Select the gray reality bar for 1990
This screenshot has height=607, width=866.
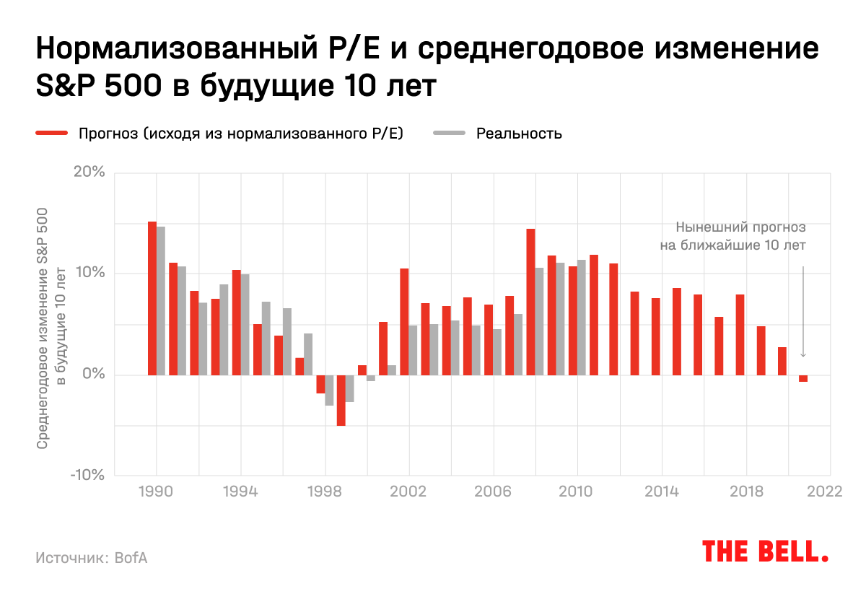coord(161,301)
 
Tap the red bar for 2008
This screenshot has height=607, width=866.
coord(530,302)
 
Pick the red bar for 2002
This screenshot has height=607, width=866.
coord(404,321)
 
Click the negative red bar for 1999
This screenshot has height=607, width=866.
coord(341,400)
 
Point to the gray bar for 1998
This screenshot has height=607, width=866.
coord(329,390)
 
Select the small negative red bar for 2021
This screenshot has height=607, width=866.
coord(803,378)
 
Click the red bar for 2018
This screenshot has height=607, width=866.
coord(740,334)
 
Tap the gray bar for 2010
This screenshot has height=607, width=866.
coord(581,317)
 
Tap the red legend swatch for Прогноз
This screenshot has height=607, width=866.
coord(51,134)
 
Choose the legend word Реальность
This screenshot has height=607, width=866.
coord(519,134)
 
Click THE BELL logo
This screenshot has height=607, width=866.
coord(765,552)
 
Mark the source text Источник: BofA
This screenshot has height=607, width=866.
coord(91,558)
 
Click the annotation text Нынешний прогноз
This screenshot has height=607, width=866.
coord(741,227)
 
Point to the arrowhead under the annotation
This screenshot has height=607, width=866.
coord(803,354)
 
